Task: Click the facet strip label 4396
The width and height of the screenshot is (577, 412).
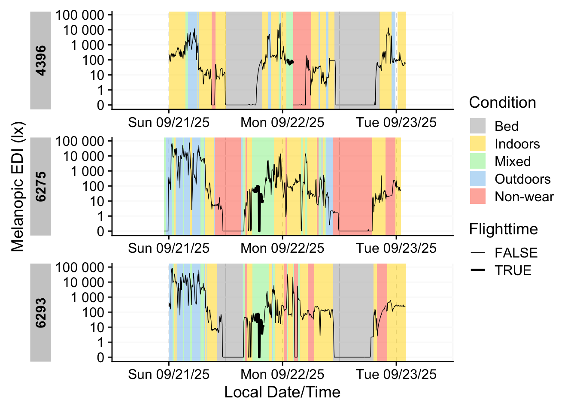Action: (x=41, y=61)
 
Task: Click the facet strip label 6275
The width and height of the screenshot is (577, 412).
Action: (x=41, y=187)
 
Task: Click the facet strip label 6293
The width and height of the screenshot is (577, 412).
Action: (x=41, y=313)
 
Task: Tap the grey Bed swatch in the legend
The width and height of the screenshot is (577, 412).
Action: (x=478, y=126)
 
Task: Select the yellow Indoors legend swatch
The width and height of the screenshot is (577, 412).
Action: (x=478, y=144)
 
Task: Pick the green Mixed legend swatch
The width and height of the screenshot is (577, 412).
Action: (x=478, y=161)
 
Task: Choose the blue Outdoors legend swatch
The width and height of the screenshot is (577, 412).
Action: (x=478, y=179)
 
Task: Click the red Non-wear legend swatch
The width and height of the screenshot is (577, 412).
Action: (x=478, y=197)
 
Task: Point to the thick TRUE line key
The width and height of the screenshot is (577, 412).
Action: (x=478, y=270)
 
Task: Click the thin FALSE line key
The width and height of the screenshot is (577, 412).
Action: (x=478, y=253)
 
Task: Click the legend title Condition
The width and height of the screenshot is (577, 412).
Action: (x=502, y=103)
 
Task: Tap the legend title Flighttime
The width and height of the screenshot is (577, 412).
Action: (x=503, y=229)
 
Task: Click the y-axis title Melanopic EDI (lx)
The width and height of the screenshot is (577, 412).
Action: (x=18, y=187)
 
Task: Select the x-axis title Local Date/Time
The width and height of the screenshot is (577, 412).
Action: (x=282, y=392)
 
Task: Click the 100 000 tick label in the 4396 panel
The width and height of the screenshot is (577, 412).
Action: (x=80, y=15)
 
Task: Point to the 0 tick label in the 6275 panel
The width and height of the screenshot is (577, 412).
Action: (x=100, y=231)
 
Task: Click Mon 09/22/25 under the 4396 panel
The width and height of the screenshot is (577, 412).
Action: (x=282, y=123)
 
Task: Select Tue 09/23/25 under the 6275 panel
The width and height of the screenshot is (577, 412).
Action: (x=396, y=248)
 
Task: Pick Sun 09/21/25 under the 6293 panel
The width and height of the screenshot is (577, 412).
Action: (x=169, y=375)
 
